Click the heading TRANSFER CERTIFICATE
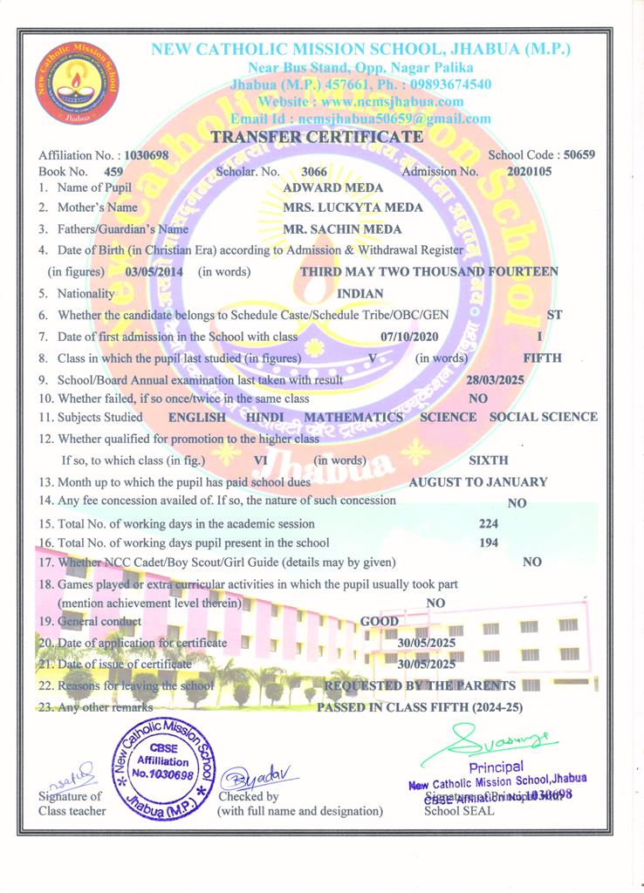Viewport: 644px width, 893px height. (318, 137)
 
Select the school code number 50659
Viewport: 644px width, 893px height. (579, 155)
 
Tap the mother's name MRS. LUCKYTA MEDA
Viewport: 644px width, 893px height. (353, 208)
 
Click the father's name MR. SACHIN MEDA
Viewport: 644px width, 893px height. (343, 229)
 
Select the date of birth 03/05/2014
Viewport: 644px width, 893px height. (154, 271)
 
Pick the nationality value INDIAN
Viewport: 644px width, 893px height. (360, 294)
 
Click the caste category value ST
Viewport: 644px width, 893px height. (554, 314)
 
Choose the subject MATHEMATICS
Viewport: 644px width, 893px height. (353, 417)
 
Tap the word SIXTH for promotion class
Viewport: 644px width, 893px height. (489, 460)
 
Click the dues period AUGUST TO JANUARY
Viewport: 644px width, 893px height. (478, 481)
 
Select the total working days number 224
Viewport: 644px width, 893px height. (490, 524)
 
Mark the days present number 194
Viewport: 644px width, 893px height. (490, 542)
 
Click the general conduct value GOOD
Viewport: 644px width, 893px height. (380, 621)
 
